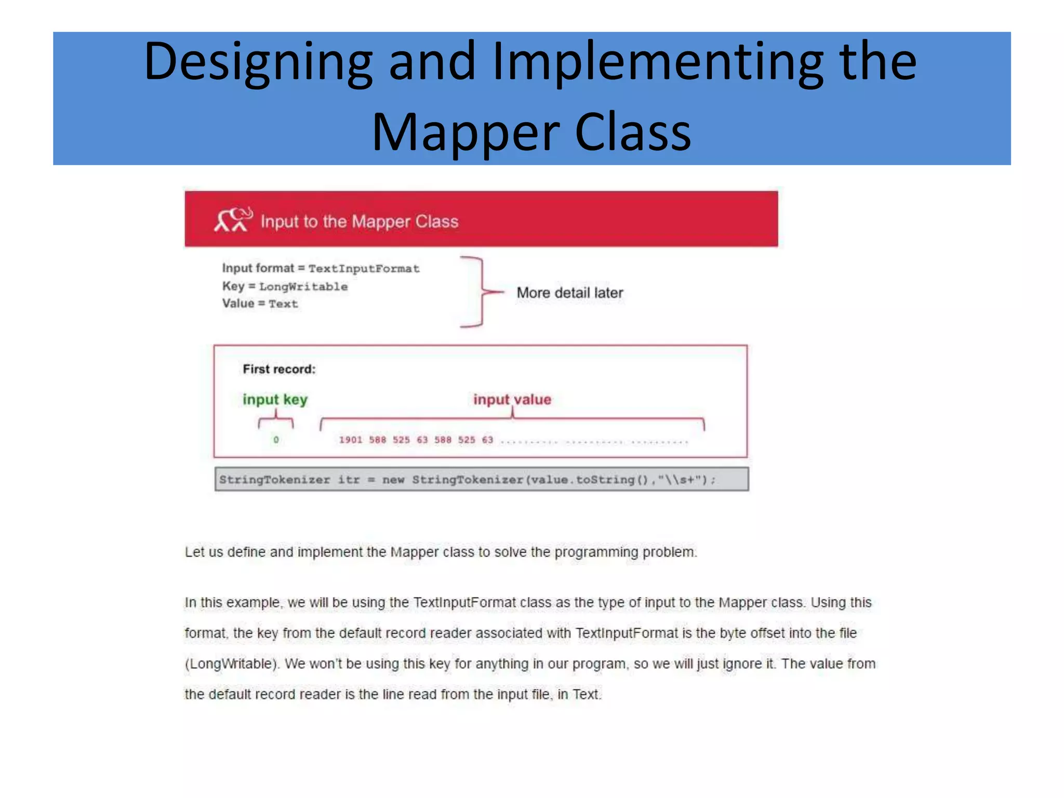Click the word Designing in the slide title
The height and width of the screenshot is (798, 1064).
tap(258, 62)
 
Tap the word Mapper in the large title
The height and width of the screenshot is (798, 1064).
tap(465, 132)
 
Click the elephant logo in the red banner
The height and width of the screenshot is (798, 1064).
tap(233, 220)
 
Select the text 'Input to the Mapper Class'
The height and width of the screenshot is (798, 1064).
tap(360, 222)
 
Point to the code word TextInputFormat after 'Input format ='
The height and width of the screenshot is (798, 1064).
tap(364, 269)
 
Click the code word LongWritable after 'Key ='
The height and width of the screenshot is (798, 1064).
tap(303, 286)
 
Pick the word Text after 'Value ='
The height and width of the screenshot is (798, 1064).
tap(283, 304)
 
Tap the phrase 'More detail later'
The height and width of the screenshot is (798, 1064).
tap(570, 292)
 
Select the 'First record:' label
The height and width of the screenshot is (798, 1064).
tap(279, 369)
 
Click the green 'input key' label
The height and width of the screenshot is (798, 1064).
tap(275, 399)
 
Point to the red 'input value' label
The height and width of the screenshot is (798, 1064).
tap(512, 399)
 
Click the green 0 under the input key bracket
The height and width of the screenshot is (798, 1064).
tap(276, 440)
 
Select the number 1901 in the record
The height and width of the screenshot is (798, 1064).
tap(351, 440)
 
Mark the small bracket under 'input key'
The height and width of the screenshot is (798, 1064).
tap(276, 420)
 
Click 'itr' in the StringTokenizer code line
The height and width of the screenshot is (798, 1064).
tap(349, 480)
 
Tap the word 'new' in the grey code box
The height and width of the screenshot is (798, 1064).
tap(393, 480)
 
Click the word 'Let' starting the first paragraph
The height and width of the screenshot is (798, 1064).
tap(194, 552)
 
